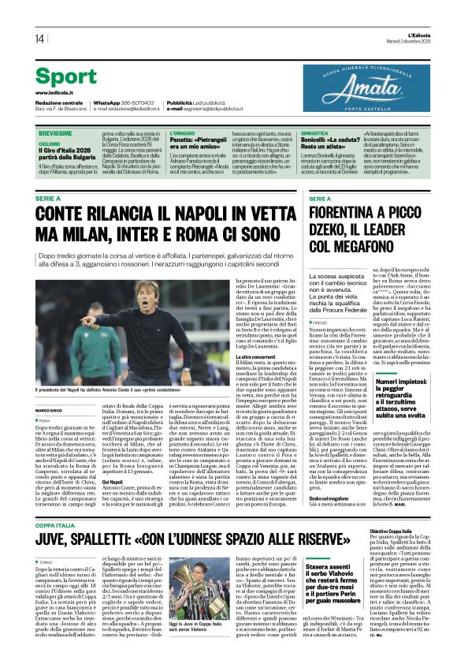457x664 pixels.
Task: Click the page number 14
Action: pyautogui.click(x=39, y=39)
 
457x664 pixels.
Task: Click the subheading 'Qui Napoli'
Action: pyautogui.click(x=90, y=482)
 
